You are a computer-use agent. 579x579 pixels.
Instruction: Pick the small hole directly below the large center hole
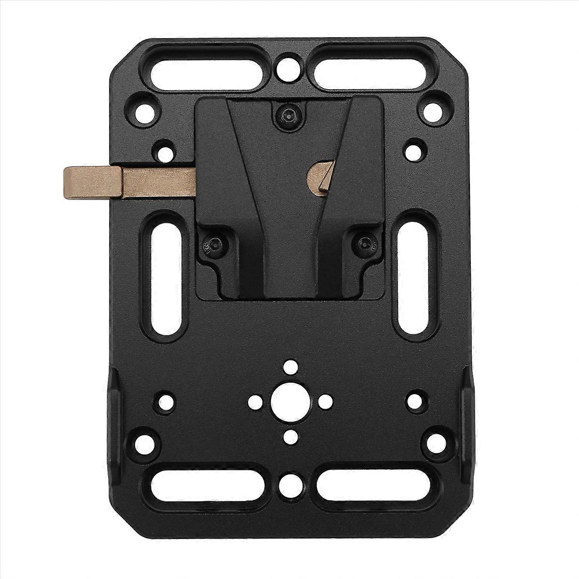290,437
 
